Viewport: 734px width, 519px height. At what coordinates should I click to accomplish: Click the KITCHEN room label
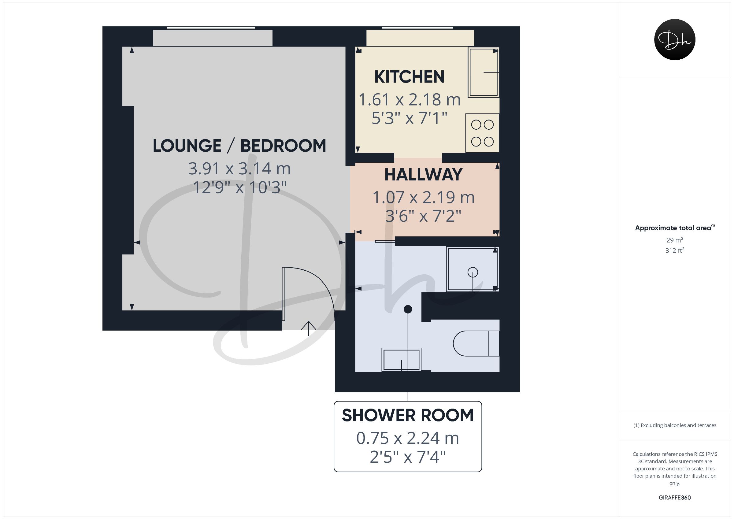click(x=409, y=77)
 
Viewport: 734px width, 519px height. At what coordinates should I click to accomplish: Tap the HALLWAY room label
click(x=423, y=175)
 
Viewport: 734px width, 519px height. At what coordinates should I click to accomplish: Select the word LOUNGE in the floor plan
click(x=187, y=146)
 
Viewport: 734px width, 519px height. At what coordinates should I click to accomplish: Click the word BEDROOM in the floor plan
click(x=283, y=146)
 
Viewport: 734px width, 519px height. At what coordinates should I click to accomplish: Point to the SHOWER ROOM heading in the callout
click(x=408, y=415)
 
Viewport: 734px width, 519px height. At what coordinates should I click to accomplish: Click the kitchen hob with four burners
click(x=482, y=133)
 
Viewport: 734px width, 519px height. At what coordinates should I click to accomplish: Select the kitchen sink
click(x=483, y=72)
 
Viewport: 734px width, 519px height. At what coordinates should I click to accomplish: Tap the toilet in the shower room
click(x=476, y=343)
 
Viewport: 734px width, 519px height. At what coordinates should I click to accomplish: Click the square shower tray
click(x=472, y=269)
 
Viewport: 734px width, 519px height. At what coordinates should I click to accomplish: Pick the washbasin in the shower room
click(x=401, y=359)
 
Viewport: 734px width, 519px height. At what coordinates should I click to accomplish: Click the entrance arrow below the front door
click(x=309, y=328)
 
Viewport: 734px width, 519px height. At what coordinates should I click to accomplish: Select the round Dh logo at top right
click(x=675, y=39)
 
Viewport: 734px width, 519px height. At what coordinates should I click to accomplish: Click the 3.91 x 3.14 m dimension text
click(x=239, y=169)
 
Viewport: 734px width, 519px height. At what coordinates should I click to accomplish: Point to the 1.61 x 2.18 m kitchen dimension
click(x=409, y=99)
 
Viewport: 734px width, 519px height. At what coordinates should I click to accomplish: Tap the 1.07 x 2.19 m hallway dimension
click(x=423, y=197)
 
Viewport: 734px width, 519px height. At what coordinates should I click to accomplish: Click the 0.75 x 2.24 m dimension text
click(x=408, y=438)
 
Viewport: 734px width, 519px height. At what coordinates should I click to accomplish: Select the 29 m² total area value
click(x=675, y=240)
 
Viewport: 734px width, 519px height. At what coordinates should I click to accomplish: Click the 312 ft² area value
click(x=675, y=250)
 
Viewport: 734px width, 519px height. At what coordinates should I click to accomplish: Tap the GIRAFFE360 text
click(x=675, y=498)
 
